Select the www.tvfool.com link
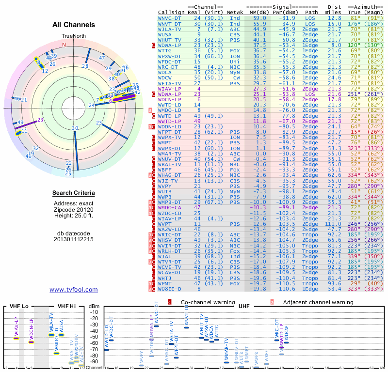coord(74,290)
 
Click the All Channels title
coord(73,24)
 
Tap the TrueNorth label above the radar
coord(73,36)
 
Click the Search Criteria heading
coord(73,193)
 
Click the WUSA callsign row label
coord(165,34)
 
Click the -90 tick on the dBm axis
coord(95,361)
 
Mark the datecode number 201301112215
coord(73,239)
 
